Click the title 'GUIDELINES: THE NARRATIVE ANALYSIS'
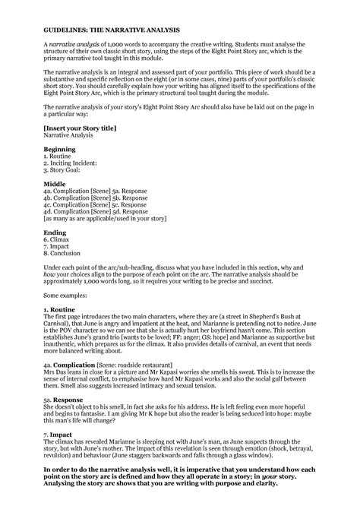(x=111, y=30)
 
